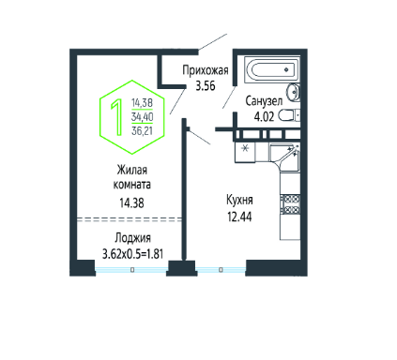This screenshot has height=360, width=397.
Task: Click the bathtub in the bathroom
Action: click(x=271, y=69)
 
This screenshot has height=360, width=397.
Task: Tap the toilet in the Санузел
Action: click(x=289, y=115)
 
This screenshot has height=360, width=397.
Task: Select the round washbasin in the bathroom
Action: click(x=294, y=92)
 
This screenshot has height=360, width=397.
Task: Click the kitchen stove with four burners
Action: click(x=290, y=204)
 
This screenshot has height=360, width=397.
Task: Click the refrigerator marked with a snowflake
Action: click(x=245, y=152)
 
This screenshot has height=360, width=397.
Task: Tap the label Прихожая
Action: click(x=206, y=70)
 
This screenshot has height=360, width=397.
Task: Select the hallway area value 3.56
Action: click(x=206, y=85)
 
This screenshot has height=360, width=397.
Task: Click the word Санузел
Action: click(x=264, y=101)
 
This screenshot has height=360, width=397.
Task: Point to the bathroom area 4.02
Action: click(x=264, y=116)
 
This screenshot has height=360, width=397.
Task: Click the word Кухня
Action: click(x=239, y=200)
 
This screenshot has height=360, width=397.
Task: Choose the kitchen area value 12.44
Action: click(x=239, y=217)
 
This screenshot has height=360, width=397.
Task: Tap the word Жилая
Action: click(x=131, y=171)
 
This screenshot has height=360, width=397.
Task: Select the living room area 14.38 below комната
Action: click(x=131, y=203)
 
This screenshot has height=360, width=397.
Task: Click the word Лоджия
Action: click(x=132, y=238)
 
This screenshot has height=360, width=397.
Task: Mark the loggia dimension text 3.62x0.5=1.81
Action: click(x=132, y=254)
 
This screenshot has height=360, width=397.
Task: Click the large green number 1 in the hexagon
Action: click(x=117, y=117)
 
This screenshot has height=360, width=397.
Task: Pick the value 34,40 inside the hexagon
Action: click(x=142, y=117)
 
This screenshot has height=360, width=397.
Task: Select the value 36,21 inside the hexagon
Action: click(x=142, y=131)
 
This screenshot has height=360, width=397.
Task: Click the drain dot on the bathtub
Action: click(x=286, y=69)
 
